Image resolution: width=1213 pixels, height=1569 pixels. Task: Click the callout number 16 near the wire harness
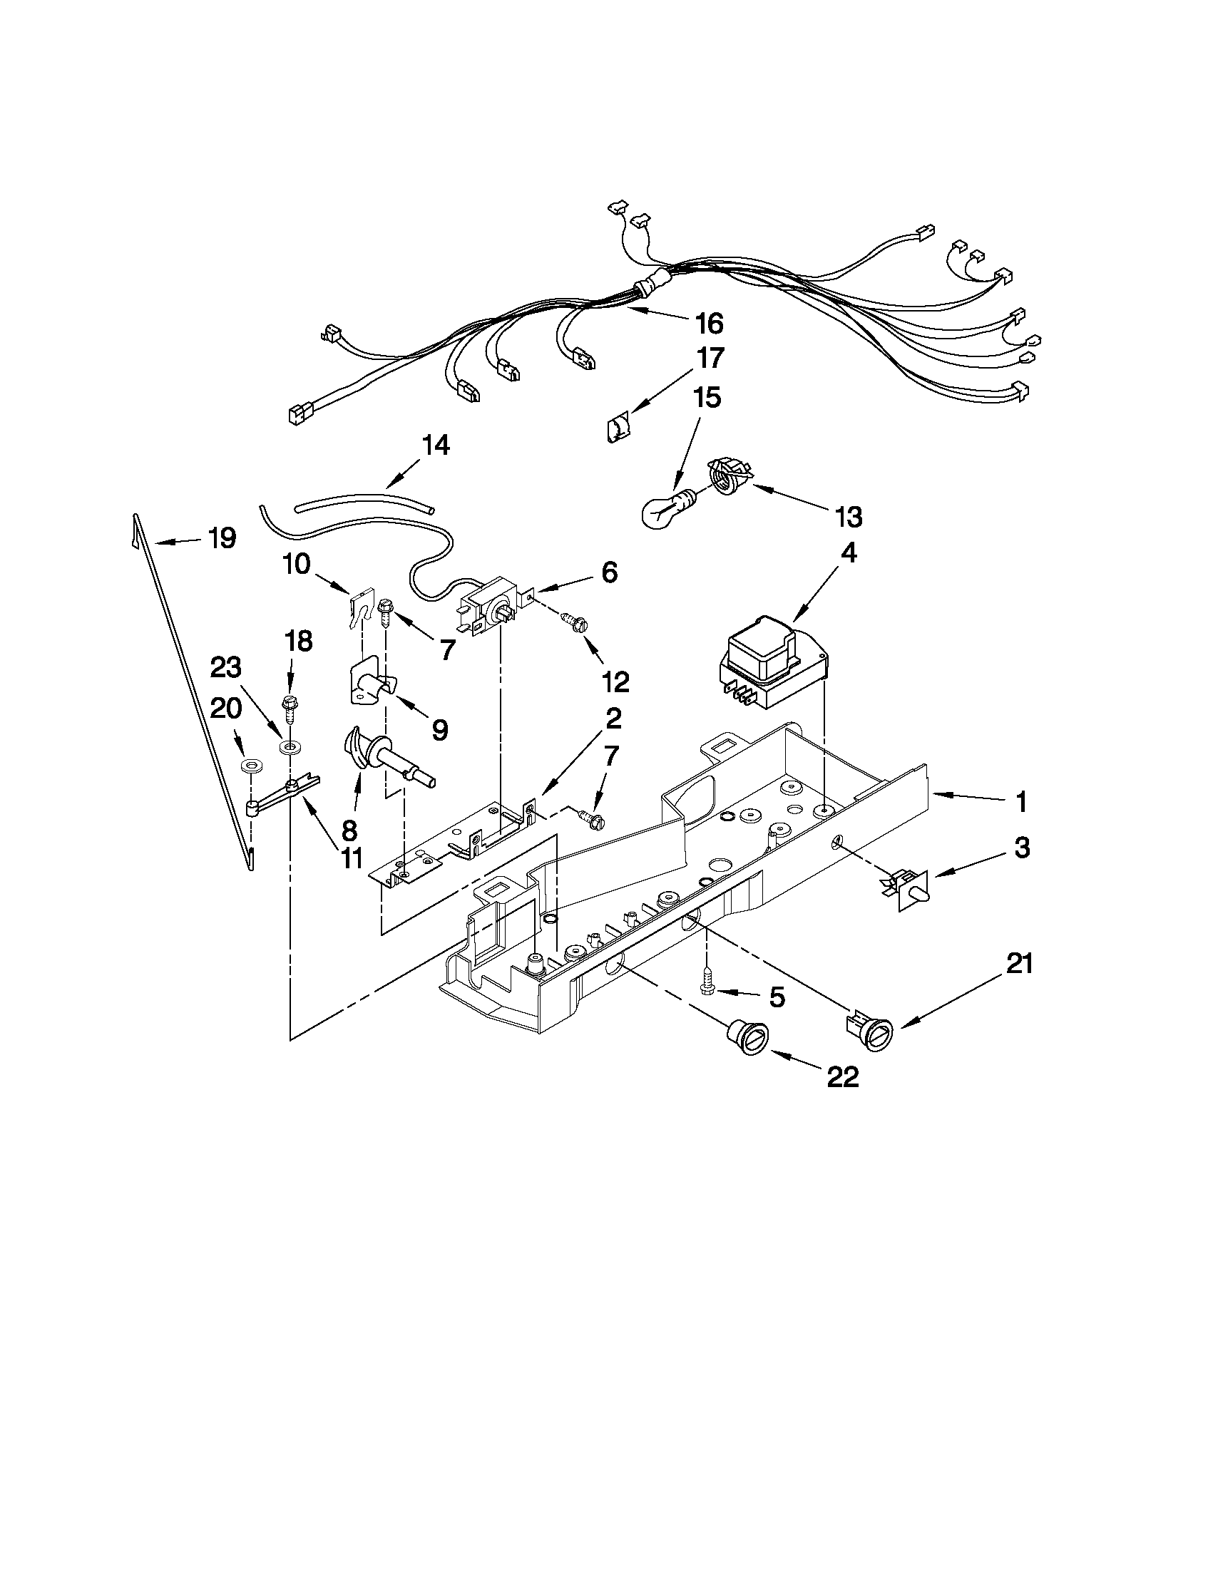pos(710,324)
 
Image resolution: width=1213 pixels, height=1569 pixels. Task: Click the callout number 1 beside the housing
pos(1020,802)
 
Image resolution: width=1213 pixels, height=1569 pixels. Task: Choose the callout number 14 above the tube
pos(436,446)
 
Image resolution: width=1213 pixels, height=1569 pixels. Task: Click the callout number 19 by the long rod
pos(222,538)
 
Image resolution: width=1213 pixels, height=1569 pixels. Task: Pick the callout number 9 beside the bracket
pos(440,731)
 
